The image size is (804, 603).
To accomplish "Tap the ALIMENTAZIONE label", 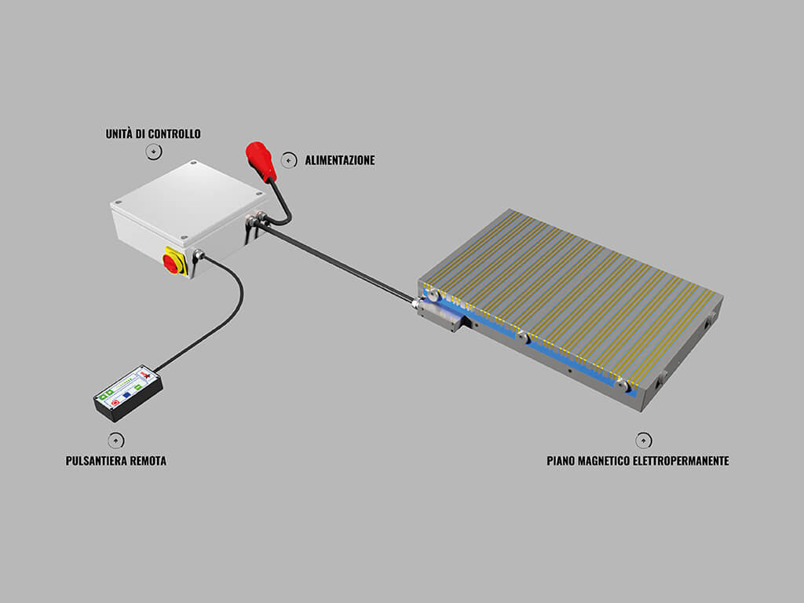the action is [340, 160].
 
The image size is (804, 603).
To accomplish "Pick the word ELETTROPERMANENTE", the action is [681, 460].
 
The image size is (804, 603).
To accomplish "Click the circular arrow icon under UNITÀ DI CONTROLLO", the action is [154, 152].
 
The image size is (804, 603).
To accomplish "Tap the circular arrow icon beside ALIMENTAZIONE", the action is [289, 160].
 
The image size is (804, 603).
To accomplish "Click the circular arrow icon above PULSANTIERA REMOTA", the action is [116, 440].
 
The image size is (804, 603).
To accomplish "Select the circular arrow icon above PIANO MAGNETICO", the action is [644, 440].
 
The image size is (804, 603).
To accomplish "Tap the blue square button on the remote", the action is [126, 396].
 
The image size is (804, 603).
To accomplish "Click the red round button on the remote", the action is [115, 403].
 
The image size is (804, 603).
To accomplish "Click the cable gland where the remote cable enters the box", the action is [197, 255].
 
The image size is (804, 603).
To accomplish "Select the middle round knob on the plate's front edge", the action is [522, 338].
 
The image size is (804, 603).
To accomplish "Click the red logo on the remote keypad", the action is [147, 376].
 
